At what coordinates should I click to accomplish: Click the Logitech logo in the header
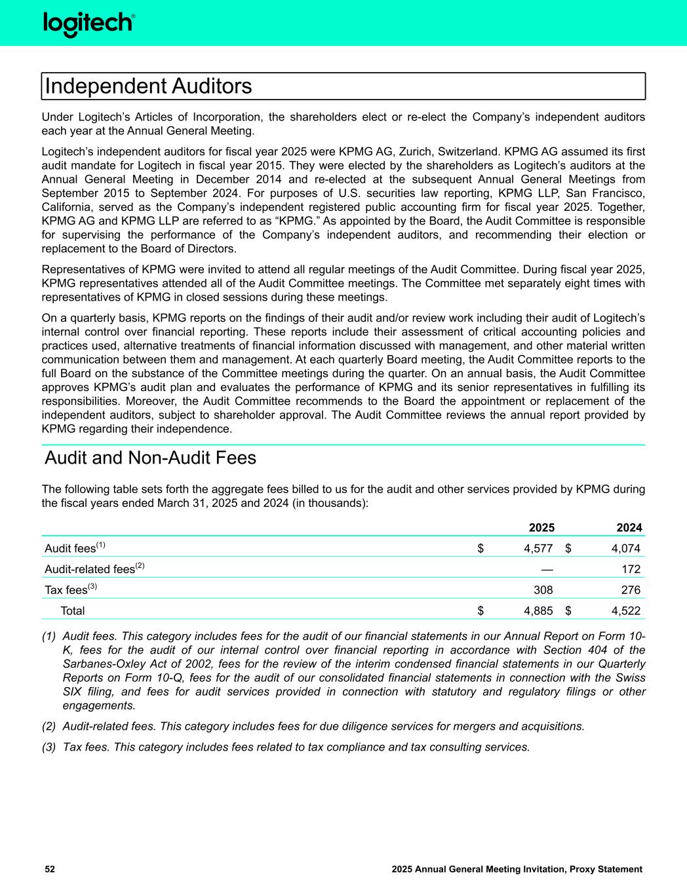pos(89,24)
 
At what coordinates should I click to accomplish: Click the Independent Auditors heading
pos(148,86)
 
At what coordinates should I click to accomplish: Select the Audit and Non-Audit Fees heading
pos(150,458)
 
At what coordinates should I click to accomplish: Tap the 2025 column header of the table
pos(541,528)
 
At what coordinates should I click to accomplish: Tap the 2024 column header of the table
pos(629,528)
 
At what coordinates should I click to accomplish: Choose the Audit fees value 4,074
pos(626,549)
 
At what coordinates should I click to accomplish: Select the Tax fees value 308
pos(543,590)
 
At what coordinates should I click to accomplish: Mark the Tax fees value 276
pos(631,590)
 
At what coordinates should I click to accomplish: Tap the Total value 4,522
pos(626,611)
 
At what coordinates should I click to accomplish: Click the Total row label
pos(72,611)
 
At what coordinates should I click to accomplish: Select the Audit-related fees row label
pos(90,569)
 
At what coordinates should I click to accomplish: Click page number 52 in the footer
pos(50,869)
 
